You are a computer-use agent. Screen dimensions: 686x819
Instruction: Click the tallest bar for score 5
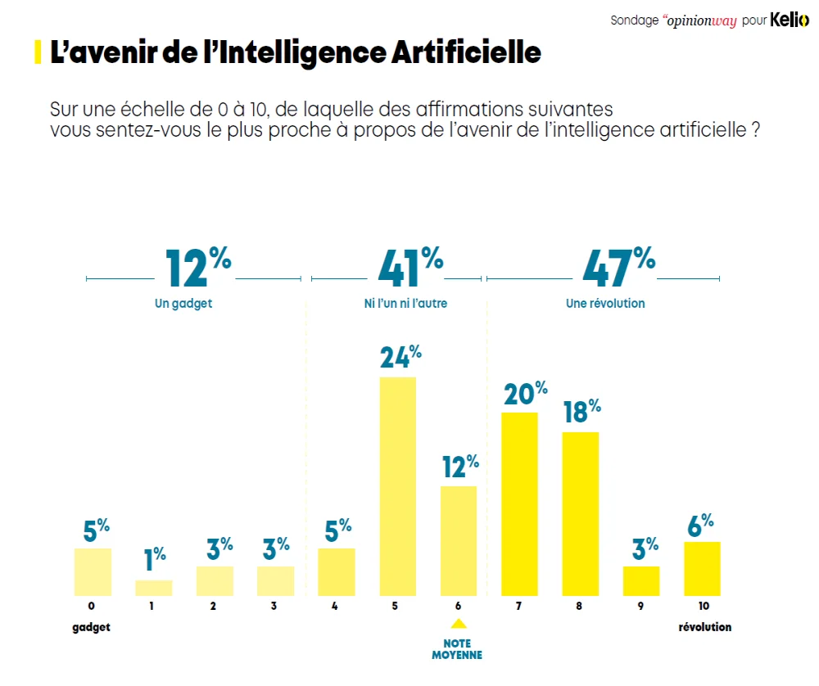tap(398, 486)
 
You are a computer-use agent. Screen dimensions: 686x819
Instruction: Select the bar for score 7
tap(519, 503)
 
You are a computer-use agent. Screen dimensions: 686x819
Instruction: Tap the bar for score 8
tap(581, 513)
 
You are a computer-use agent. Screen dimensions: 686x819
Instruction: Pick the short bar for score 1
tap(154, 588)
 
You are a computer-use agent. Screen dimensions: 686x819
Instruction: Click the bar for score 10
tap(702, 568)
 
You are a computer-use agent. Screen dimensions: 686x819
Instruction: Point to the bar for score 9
tap(641, 580)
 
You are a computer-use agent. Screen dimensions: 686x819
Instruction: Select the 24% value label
tap(400, 357)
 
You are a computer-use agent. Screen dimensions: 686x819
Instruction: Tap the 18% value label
tap(582, 411)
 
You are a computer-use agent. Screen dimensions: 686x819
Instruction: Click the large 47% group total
tap(619, 268)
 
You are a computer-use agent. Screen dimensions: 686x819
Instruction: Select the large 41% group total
tap(410, 268)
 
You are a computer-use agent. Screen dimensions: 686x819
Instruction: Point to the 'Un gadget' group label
tap(183, 304)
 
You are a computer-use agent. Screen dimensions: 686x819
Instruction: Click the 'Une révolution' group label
tap(605, 304)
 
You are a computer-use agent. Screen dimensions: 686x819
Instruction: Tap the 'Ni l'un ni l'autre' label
tap(405, 304)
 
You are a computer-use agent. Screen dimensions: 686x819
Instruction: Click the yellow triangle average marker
tap(459, 625)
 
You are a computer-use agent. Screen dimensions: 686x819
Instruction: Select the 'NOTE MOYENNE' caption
tap(458, 649)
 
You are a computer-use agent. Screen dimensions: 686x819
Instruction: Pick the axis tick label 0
tap(92, 607)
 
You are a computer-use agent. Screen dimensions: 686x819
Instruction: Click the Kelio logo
tap(789, 20)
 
